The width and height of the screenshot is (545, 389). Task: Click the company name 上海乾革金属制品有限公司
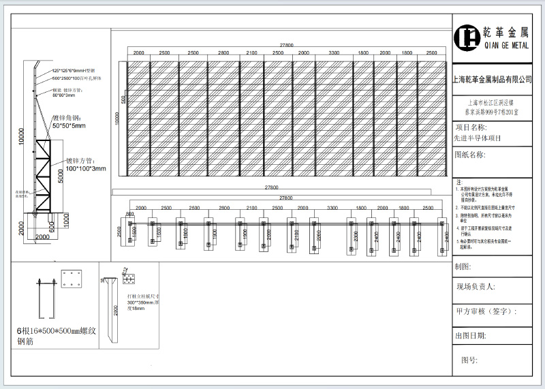pyautogui.click(x=493, y=80)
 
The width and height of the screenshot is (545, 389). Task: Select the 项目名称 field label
pyautogui.click(x=470, y=127)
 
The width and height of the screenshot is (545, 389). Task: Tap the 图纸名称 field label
pyautogui.click(x=470, y=155)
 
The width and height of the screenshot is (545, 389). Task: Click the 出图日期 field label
pyautogui.click(x=470, y=336)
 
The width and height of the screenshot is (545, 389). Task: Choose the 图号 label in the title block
pyautogui.click(x=469, y=359)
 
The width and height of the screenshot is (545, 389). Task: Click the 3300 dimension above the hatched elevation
pyautogui.click(x=334, y=52)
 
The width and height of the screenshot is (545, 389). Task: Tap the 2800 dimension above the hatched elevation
pyautogui.click(x=223, y=52)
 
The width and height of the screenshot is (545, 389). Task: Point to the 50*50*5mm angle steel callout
pyautogui.click(x=69, y=125)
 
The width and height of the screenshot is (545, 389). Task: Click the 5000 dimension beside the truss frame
pyautogui.click(x=60, y=176)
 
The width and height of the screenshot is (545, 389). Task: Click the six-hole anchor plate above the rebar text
pyautogui.click(x=70, y=279)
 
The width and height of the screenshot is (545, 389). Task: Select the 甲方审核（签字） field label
pyautogui.click(x=486, y=311)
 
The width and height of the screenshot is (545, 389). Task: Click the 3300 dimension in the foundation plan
pyautogui.click(x=334, y=207)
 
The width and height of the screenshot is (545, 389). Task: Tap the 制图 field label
pyautogui.click(x=464, y=266)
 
